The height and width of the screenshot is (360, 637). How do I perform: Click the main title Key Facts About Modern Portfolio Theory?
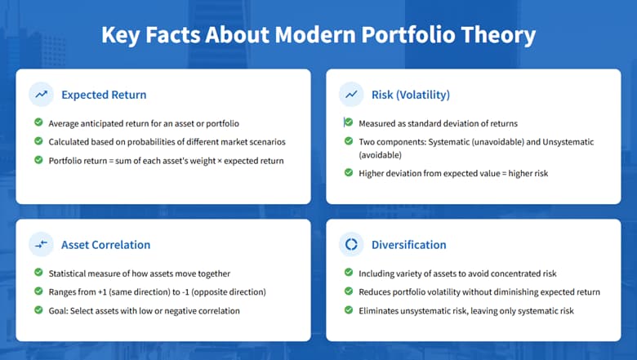tap(318, 36)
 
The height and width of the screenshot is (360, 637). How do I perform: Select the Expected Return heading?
tap(104, 95)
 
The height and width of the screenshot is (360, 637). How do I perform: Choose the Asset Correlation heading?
tap(105, 244)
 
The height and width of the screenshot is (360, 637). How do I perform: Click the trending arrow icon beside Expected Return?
tap(40, 95)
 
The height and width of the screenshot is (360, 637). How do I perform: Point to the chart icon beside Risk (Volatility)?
tap(351, 95)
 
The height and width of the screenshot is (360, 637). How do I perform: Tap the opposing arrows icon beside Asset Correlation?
tap(40, 244)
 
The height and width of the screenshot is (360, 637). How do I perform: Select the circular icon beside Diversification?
tap(351, 244)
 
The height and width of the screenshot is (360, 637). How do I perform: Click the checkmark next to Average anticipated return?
tap(38, 123)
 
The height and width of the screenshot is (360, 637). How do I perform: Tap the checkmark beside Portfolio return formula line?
tap(38, 160)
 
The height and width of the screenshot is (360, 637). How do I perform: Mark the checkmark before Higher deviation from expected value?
tap(349, 172)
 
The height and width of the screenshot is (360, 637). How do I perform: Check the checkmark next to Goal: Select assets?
tap(38, 309)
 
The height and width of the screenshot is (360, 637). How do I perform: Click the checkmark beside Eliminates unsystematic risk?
tap(349, 309)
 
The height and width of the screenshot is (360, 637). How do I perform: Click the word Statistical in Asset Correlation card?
tap(69, 273)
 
